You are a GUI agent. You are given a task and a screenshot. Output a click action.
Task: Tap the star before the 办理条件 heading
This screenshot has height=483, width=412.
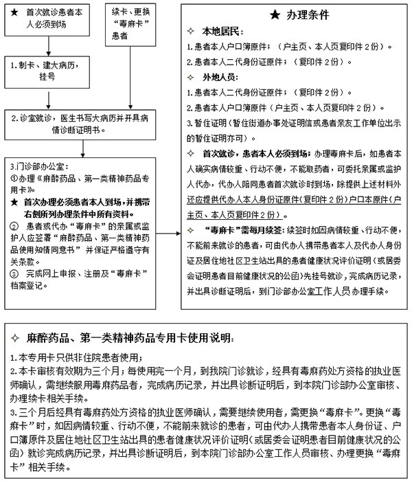pos(274,14)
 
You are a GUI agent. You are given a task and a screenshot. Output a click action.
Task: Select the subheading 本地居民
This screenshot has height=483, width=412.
pos(220,32)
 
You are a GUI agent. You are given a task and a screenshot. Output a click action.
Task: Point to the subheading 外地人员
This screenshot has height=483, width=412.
pos(220,78)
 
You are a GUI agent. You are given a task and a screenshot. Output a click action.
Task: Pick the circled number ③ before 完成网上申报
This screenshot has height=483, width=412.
pos(14,273)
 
